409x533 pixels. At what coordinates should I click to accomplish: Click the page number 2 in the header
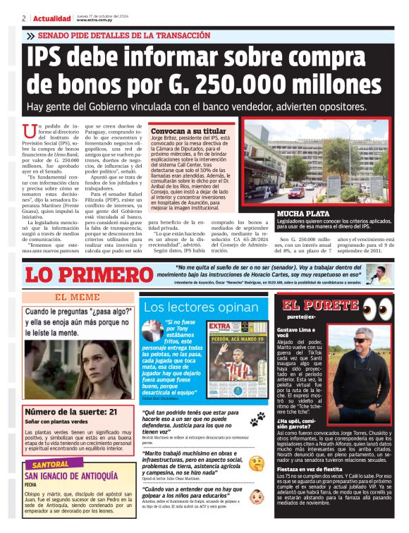point(24,18)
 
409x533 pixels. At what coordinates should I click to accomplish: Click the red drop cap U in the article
point(29,131)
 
